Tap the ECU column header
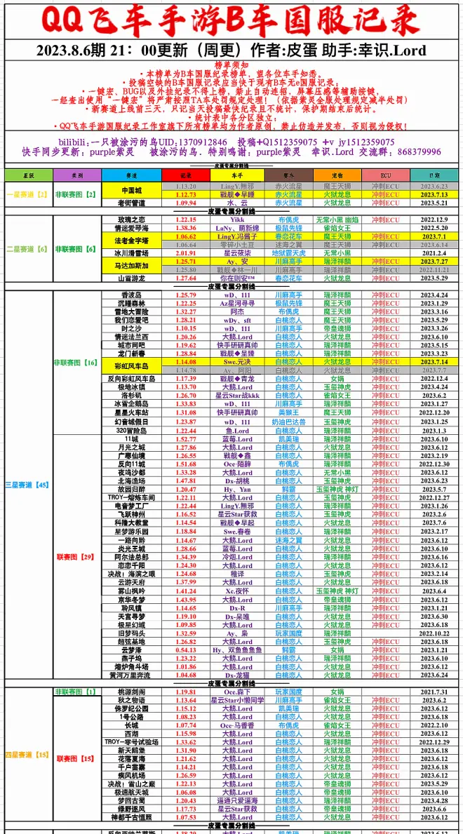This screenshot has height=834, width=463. tap(385, 175)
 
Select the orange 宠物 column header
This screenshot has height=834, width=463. tap(337, 175)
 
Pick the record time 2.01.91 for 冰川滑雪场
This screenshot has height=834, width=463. tap(186, 253)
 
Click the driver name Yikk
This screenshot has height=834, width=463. tap(237, 220)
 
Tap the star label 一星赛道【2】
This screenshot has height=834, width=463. tap(27, 194)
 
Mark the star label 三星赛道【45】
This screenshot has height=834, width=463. tap(27, 485)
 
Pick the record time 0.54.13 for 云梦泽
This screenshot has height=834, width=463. tap(186, 650)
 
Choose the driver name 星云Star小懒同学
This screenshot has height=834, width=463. tap(237, 700)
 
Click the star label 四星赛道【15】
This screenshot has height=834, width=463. tap(27, 755)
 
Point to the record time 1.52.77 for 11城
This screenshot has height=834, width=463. tap(186, 439)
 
